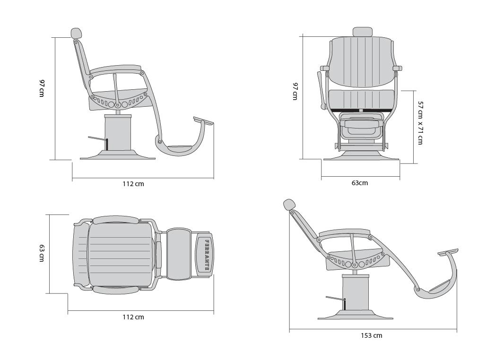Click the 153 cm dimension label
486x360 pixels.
(x=371, y=335)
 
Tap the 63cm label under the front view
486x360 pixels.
(x=360, y=183)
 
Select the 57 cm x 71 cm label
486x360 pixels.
(x=420, y=123)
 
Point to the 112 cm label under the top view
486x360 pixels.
(x=133, y=317)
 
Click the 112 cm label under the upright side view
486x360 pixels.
(x=133, y=184)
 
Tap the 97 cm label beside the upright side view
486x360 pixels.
(x=42, y=88)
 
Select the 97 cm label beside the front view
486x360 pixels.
(x=295, y=91)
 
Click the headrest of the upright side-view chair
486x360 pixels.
(x=76, y=33)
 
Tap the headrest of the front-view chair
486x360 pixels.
(x=363, y=32)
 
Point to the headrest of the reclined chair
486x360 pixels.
(x=289, y=205)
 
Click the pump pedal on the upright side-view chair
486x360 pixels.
(x=98, y=138)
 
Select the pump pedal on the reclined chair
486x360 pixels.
(x=335, y=299)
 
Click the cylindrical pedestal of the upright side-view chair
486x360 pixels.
(x=118, y=133)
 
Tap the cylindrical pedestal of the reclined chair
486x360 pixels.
(x=356, y=292)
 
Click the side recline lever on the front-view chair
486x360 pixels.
(x=321, y=90)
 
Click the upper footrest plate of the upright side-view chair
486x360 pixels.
(x=204, y=120)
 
